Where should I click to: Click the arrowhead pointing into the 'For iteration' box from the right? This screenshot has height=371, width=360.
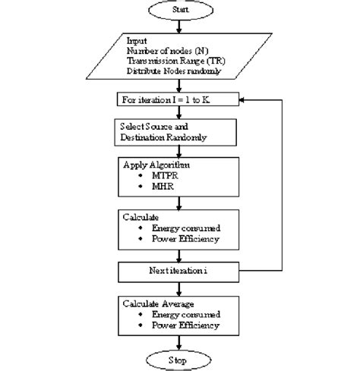pos(242,99)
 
